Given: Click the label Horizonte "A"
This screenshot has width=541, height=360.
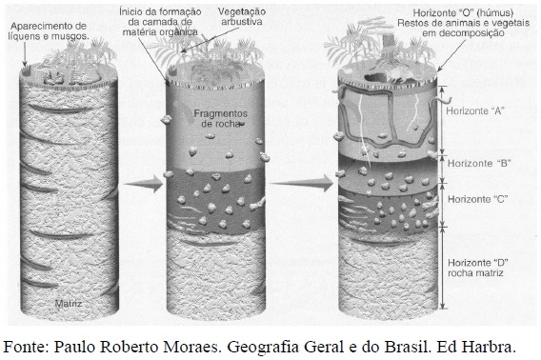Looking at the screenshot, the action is [x=475, y=110].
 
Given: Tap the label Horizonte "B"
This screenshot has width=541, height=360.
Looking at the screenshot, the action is [x=479, y=163].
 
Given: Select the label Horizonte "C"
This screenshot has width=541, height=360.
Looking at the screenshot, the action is [x=478, y=199].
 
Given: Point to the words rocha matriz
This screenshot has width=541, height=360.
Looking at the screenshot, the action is [x=475, y=273].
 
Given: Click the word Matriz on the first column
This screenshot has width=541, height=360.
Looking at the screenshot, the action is [x=69, y=304].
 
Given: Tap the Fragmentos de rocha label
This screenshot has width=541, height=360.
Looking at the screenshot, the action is [x=220, y=118].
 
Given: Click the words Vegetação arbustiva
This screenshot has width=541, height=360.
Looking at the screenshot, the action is [x=242, y=16].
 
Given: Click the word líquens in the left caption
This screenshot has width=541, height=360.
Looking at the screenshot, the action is [x=23, y=36].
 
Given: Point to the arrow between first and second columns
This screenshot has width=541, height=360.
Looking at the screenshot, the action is [x=143, y=184].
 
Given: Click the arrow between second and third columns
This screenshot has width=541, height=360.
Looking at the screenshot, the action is [x=302, y=183].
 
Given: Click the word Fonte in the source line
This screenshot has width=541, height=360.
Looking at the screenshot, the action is [x=26, y=347].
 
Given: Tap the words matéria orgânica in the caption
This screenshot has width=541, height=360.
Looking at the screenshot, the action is [x=160, y=32].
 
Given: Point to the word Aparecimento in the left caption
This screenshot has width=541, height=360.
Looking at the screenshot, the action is [x=38, y=26].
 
